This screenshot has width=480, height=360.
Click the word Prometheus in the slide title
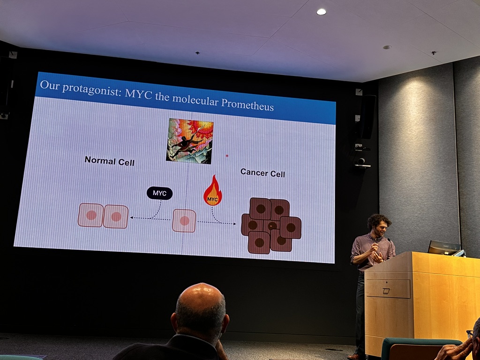pyautogui.click(x=247, y=104)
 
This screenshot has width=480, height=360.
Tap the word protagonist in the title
pyautogui.click(x=91, y=88)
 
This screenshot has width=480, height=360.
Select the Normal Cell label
pyautogui.click(x=109, y=161)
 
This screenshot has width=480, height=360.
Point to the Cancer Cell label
pyautogui.click(x=262, y=173)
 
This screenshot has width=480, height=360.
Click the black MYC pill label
pyautogui.click(x=159, y=193)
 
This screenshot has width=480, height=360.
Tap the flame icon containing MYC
pyautogui.click(x=213, y=191)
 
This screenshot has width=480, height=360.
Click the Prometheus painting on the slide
pyautogui.click(x=189, y=141)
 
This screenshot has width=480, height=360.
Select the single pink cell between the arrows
pyautogui.click(x=184, y=220)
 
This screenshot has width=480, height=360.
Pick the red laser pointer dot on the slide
pyautogui.click(x=227, y=156)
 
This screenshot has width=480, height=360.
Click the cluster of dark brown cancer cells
pyautogui.click(x=271, y=225)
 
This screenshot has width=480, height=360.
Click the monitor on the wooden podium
pyautogui.click(x=444, y=247)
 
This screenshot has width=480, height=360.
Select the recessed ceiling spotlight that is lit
pyautogui.click(x=321, y=12)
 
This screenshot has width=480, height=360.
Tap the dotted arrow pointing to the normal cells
pyautogui.click(x=150, y=218)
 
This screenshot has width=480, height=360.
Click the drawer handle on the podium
pyautogui.click(x=386, y=291)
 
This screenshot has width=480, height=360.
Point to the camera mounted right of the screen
pyautogui.click(x=362, y=162)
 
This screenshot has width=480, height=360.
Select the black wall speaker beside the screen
pyautogui.click(x=368, y=117)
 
